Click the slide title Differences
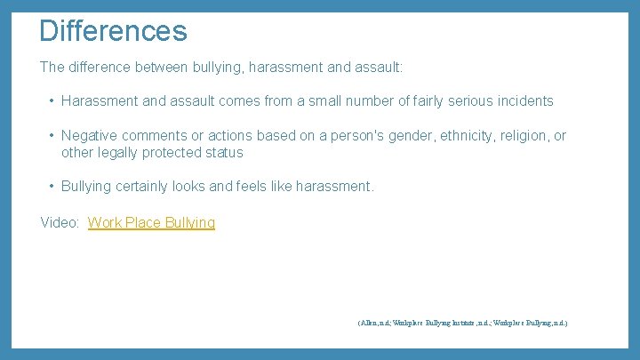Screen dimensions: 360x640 click(113, 31)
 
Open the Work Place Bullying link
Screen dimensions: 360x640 click(151, 222)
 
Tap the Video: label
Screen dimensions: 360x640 click(60, 222)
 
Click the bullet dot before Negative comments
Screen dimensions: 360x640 click(52, 136)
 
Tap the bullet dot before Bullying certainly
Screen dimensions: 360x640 click(52, 187)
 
